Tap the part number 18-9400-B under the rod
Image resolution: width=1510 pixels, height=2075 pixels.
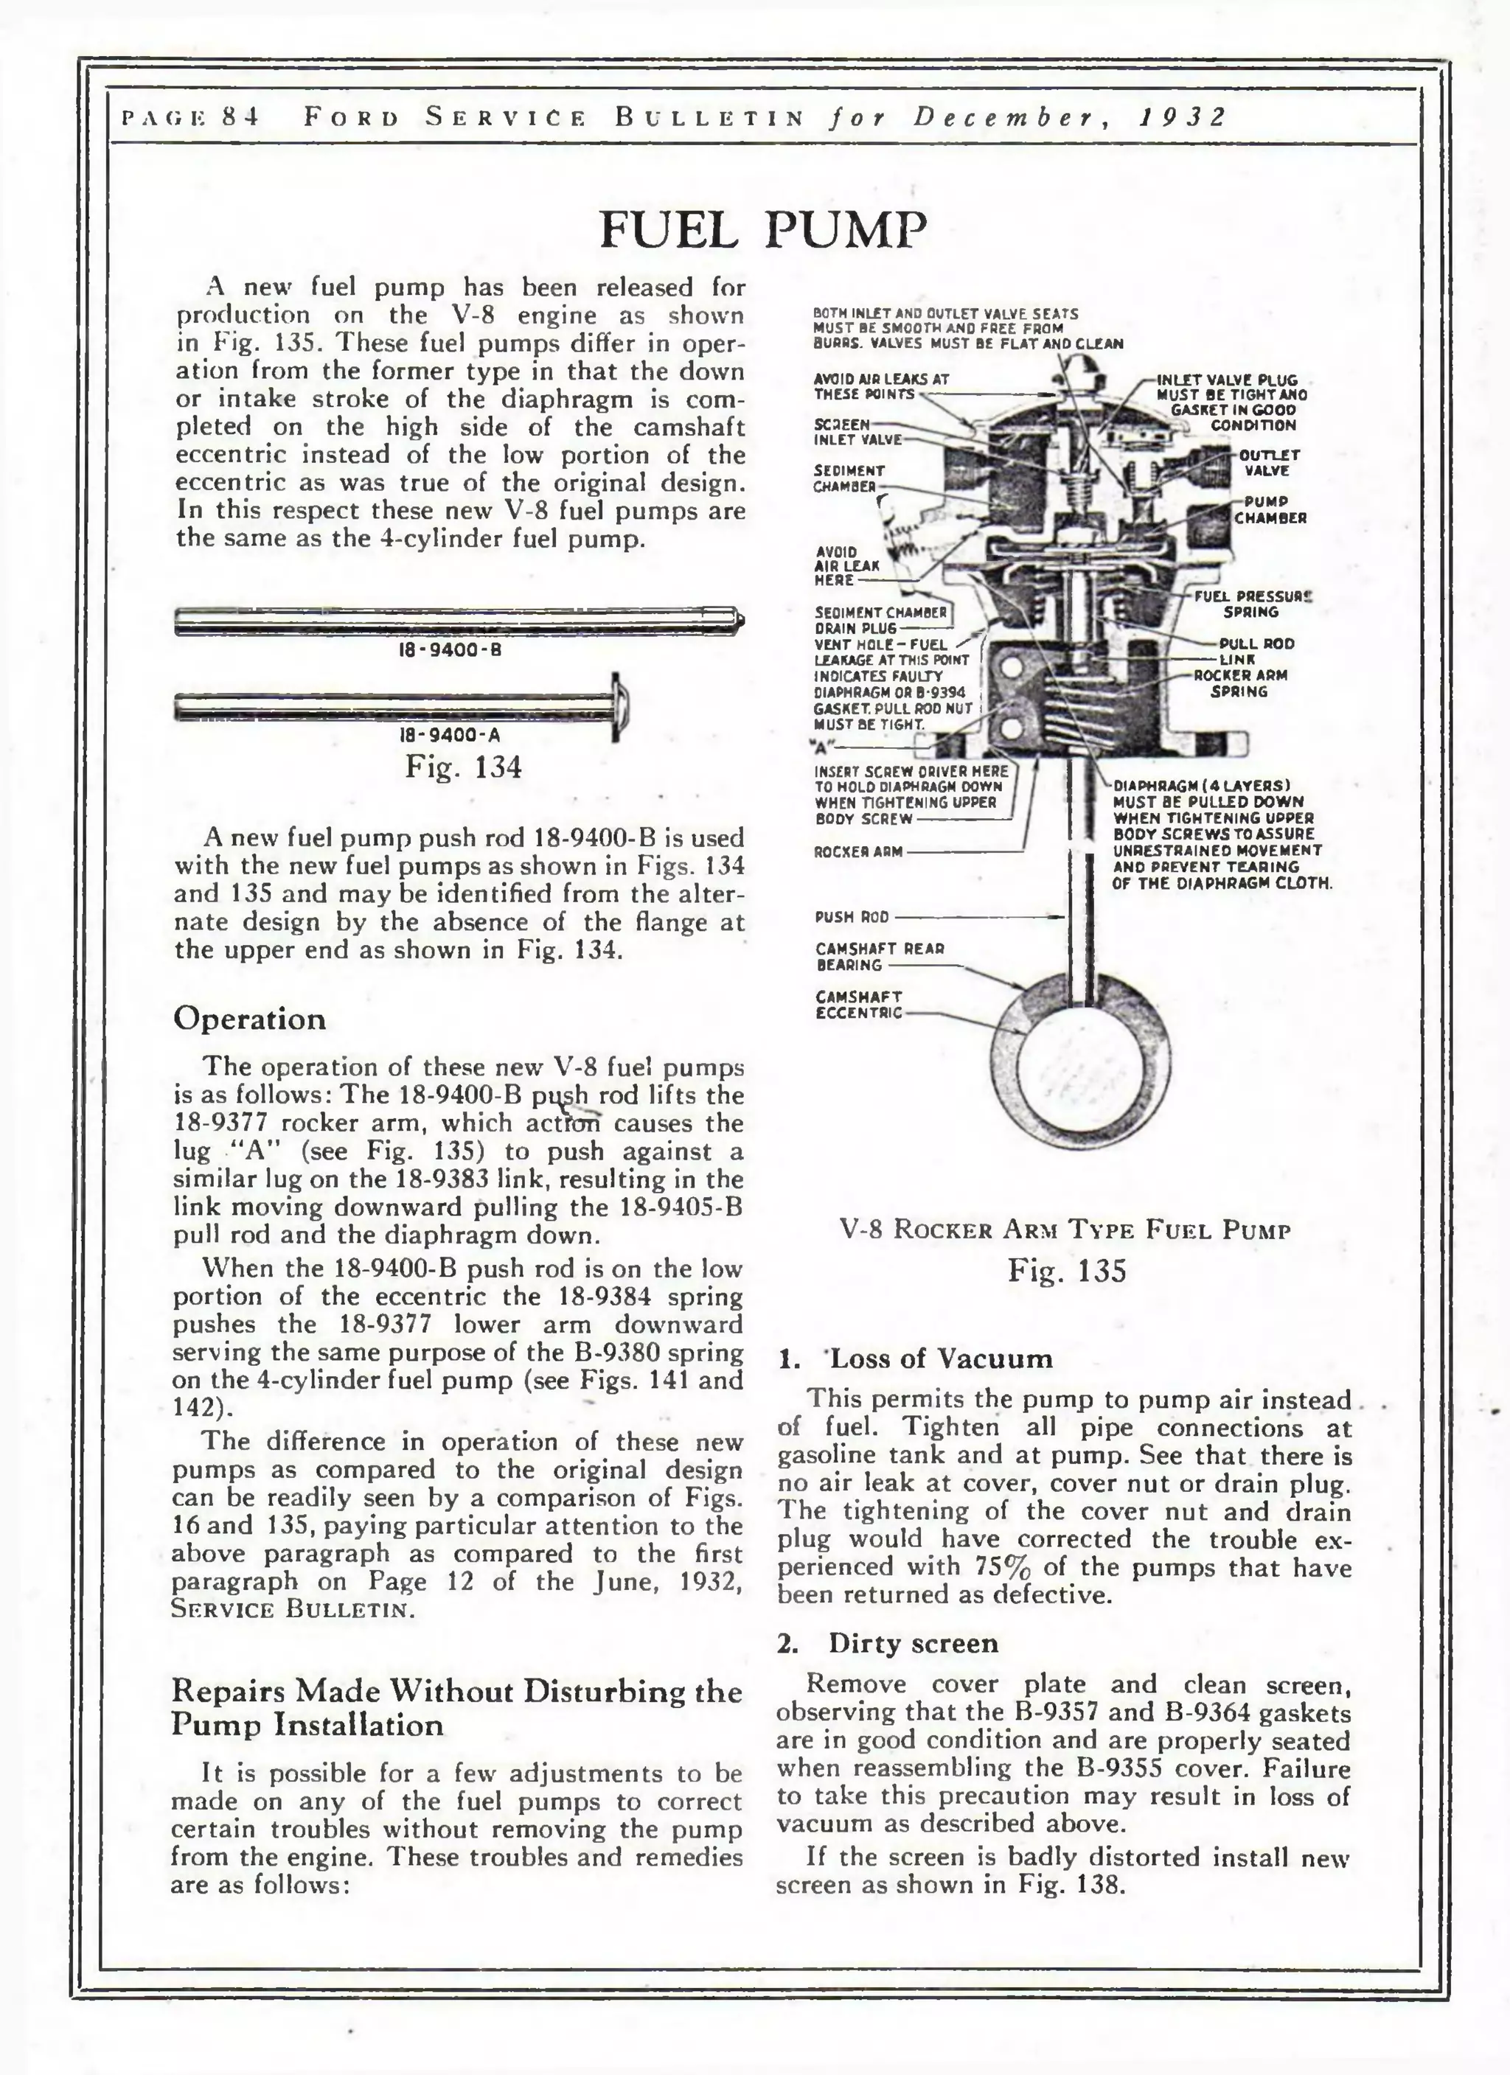coord(449,649)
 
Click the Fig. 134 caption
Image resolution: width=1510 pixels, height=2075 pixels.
coord(463,766)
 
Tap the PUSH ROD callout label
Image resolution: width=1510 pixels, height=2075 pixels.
coord(851,917)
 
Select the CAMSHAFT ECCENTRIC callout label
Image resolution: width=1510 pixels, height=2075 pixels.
coord(858,1005)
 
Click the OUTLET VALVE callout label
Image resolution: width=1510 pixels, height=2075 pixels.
coord(1270,462)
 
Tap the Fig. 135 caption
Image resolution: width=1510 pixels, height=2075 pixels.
coord(1066,1271)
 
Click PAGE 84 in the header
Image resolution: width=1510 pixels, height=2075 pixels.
coord(190,117)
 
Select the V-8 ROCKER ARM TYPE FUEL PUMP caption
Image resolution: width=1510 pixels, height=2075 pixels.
coord(1065,1230)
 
